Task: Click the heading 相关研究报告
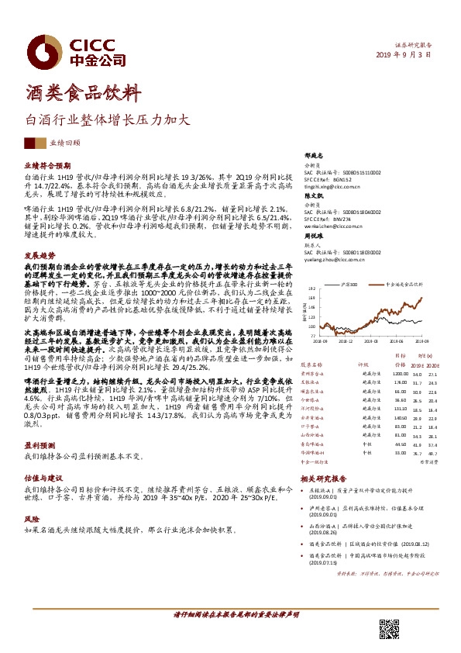coord(323,479)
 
